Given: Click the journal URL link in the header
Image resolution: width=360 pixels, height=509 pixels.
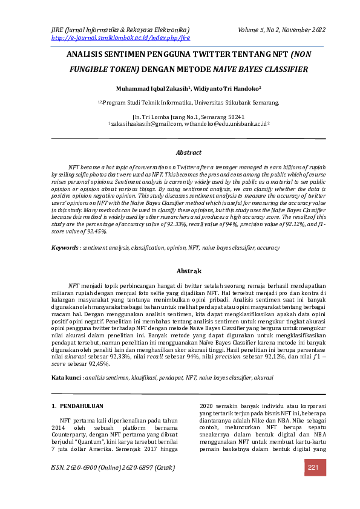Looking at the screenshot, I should [x=121, y=37].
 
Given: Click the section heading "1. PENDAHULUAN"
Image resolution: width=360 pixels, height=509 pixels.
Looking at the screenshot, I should [x=77, y=406].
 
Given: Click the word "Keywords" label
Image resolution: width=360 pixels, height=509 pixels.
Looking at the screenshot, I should [x=65, y=248].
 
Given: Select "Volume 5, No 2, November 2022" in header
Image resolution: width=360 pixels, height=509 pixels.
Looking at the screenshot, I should [x=281, y=30].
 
